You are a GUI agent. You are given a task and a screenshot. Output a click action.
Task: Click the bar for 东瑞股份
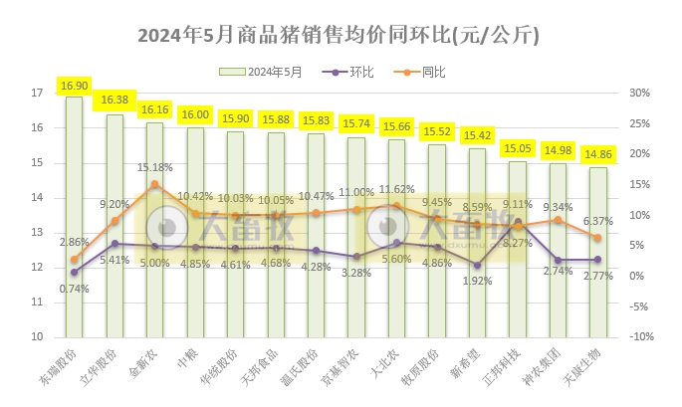[74, 219]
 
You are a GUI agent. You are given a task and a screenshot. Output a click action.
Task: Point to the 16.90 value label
[74, 87]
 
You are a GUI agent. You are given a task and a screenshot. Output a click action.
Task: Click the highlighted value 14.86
[597, 156]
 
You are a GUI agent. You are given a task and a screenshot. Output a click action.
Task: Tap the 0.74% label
[75, 289]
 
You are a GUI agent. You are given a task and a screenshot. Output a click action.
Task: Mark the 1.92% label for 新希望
[478, 281]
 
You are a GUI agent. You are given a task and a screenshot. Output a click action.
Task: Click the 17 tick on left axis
[37, 94]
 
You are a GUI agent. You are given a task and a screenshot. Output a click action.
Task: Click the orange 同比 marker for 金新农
[154, 184]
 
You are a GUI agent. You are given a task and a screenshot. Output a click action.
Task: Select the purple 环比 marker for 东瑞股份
[74, 272]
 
